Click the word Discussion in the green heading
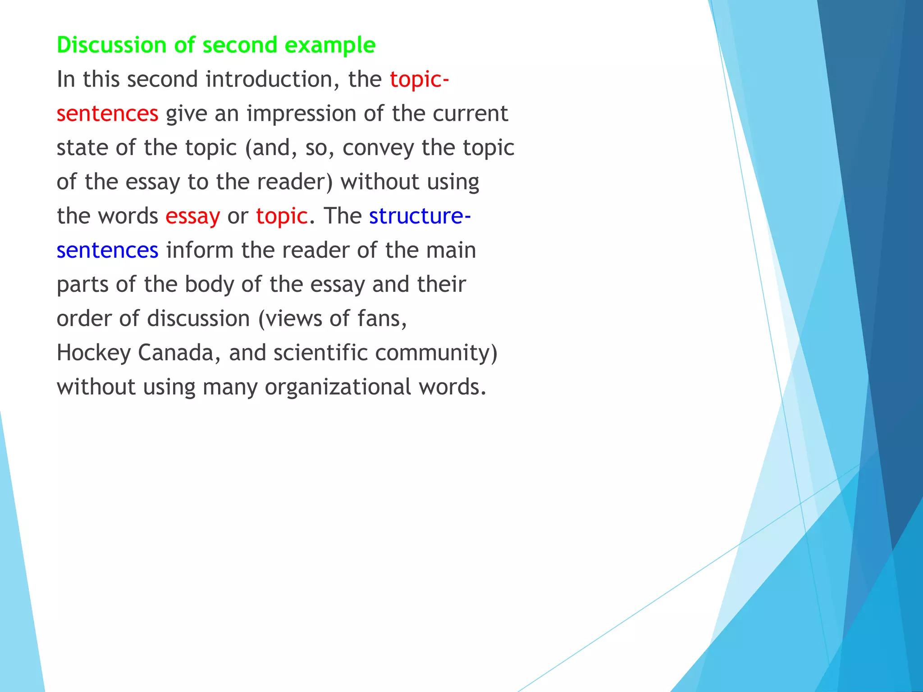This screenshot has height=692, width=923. point(112,45)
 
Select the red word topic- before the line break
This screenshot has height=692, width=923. point(419,79)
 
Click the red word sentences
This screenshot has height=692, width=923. point(107,114)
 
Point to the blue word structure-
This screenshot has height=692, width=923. point(420,216)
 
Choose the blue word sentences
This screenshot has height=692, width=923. point(107,250)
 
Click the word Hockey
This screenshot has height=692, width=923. point(93,353)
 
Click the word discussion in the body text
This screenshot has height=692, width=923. point(198,319)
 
